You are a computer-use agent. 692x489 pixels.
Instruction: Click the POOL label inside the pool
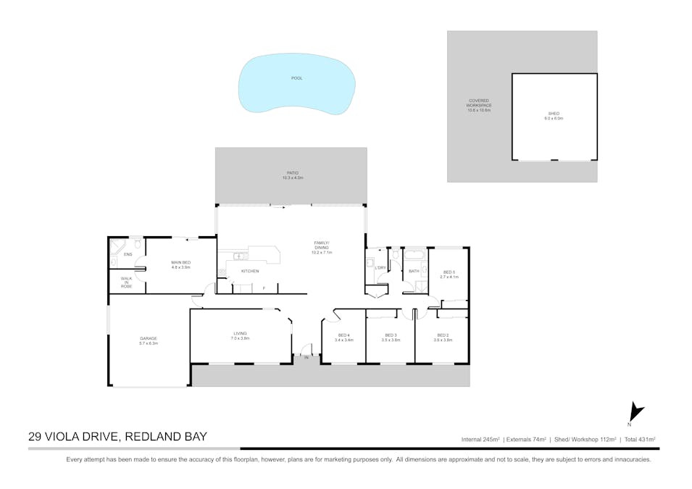(x=296, y=78)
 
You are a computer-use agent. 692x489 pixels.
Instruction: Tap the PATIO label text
(x=293, y=175)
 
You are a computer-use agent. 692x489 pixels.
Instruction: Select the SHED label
(x=554, y=115)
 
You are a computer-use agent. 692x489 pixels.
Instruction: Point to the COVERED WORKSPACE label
(x=478, y=105)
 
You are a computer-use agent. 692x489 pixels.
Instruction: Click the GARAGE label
(x=149, y=340)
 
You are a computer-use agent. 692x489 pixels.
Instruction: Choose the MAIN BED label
(x=180, y=264)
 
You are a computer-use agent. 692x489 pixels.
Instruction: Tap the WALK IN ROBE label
(x=126, y=283)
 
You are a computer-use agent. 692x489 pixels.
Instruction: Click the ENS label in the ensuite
(x=128, y=255)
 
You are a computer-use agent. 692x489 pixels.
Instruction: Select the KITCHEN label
(x=249, y=272)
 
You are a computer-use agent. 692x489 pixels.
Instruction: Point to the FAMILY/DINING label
(x=321, y=247)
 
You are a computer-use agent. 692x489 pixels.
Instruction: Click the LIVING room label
(x=240, y=336)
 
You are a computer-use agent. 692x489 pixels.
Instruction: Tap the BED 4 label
(x=345, y=337)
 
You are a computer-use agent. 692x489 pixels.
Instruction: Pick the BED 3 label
(x=391, y=337)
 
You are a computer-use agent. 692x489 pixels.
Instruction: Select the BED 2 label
(x=443, y=337)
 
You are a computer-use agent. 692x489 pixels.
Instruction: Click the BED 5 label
(x=449, y=274)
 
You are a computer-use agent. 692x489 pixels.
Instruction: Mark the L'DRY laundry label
(x=380, y=268)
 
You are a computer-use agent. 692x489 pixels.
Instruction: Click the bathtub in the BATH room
(x=415, y=255)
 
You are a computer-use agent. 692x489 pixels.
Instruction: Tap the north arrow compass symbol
(x=635, y=413)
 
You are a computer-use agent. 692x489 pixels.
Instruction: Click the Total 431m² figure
(x=639, y=439)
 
